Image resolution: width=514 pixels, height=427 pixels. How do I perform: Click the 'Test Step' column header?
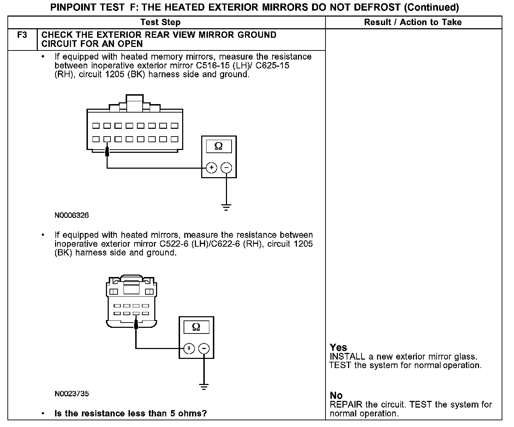(160, 22)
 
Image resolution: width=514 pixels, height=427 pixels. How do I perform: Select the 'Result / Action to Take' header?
(413, 22)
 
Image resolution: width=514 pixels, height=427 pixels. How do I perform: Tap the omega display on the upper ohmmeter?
(219, 146)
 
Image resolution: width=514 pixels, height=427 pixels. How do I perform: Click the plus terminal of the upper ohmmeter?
(211, 168)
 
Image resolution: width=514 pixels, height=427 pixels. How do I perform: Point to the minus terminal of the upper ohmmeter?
(226, 168)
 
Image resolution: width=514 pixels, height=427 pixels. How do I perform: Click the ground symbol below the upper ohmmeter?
(226, 207)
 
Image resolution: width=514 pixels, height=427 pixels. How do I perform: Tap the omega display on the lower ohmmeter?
(196, 327)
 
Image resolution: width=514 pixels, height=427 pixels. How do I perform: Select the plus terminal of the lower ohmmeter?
(189, 349)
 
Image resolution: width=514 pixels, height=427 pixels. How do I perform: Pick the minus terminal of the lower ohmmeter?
(204, 349)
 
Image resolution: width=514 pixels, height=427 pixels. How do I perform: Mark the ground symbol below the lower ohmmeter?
(204, 386)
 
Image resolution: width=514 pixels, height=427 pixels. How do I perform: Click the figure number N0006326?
(72, 215)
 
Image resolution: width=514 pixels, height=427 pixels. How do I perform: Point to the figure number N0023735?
(72, 394)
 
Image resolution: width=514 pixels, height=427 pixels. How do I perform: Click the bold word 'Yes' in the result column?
(338, 348)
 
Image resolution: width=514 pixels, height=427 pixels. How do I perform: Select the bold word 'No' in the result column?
(336, 396)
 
